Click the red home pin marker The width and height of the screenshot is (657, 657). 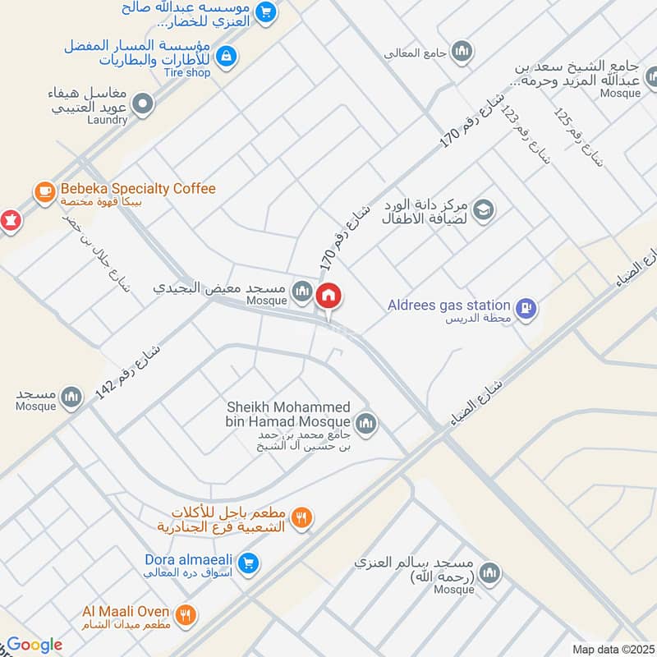point(329,296)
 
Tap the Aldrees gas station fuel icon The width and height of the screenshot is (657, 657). point(528,309)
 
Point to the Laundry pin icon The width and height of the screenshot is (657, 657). point(144,103)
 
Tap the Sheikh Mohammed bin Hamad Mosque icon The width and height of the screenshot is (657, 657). point(366,423)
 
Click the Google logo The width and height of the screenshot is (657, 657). point(34,645)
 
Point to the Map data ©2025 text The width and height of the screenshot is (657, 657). point(612,650)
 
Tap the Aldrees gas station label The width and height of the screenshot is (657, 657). point(449,306)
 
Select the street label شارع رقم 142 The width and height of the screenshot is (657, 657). point(128,371)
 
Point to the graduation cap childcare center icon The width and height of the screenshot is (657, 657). point(485,209)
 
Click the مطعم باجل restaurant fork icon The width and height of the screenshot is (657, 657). point(302,517)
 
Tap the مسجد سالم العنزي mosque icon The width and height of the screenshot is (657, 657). point(490,572)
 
